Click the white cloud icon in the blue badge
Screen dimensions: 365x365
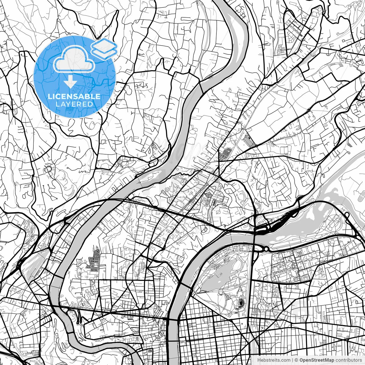click(x=74, y=59)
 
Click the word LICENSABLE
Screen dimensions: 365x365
click(x=74, y=96)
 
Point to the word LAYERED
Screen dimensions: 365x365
click(x=74, y=104)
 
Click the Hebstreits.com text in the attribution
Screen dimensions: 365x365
click(x=274, y=360)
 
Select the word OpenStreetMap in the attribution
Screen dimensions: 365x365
click(x=317, y=360)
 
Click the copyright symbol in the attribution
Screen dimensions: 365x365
click(x=296, y=360)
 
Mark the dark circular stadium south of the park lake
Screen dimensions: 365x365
click(x=242, y=303)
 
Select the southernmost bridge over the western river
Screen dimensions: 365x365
click(x=70, y=332)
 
